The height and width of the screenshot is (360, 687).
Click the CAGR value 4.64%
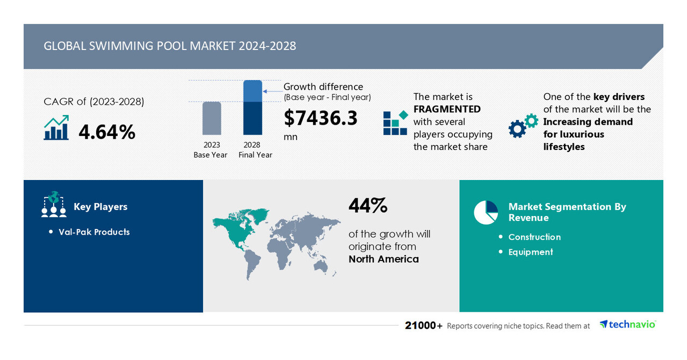107,132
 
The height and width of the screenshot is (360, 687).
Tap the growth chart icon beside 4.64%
56,128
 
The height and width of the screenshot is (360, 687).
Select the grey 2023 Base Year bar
212,118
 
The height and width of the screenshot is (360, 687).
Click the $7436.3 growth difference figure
320,118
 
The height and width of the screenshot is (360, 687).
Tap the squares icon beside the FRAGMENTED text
395,123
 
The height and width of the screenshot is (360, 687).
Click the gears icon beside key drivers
523,125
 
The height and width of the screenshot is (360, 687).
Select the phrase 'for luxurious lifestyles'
573,140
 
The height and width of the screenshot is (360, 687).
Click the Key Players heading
100,207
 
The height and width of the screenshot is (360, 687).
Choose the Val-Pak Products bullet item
94,232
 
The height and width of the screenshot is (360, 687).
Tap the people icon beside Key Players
54,205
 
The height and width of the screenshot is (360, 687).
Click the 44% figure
368,205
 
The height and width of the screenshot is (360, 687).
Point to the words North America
384,259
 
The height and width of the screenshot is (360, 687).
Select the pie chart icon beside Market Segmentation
486,212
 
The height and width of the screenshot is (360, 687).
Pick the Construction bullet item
534,237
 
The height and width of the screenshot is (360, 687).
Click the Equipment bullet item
531,252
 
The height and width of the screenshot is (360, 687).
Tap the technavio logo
627,324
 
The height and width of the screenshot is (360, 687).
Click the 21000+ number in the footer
424,326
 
